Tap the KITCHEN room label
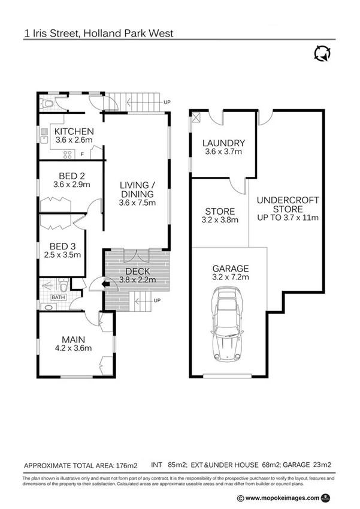click(74, 132)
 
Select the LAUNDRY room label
click(223, 143)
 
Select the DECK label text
click(137, 271)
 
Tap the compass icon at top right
click(321, 53)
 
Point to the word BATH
click(58, 297)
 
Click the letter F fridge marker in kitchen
click(82, 154)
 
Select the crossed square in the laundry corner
click(196, 118)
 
